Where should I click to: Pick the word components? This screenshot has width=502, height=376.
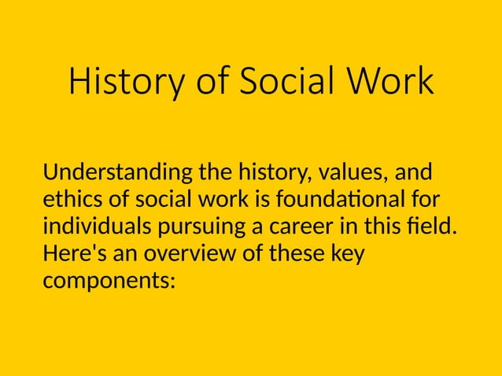(105, 282)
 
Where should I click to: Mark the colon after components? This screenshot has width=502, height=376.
(172, 282)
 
